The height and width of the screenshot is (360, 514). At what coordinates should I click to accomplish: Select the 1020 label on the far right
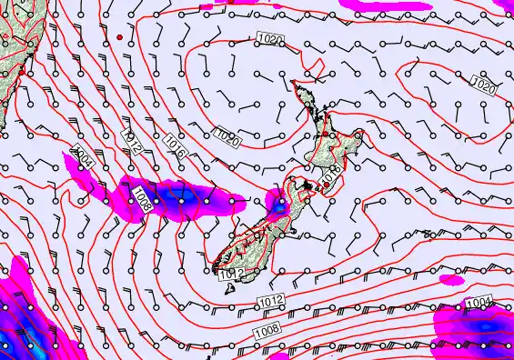tap(484, 87)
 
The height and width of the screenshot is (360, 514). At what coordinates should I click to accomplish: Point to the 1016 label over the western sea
tap(176, 149)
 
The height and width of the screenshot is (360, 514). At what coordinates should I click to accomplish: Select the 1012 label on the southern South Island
tap(228, 272)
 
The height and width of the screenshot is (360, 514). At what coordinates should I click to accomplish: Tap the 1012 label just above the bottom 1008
tap(270, 301)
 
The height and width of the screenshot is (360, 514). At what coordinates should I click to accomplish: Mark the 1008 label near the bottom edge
tap(267, 326)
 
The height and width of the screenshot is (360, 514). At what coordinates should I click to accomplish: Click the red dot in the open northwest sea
tap(119, 36)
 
